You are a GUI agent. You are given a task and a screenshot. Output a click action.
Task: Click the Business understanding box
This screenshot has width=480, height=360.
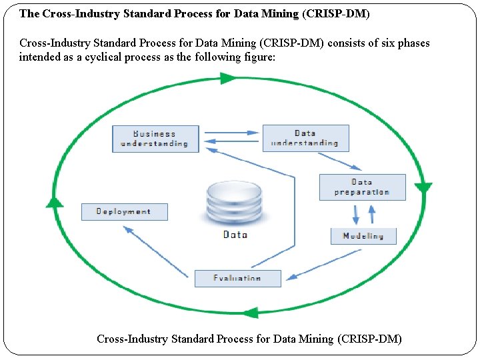(155, 139)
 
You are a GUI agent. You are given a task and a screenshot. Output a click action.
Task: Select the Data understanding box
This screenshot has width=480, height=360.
(305, 138)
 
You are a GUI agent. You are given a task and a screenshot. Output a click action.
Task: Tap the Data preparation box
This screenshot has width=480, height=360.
(362, 187)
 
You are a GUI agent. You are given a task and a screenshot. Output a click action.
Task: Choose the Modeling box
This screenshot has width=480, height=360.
(363, 236)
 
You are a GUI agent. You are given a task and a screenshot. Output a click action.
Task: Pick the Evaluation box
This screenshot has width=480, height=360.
(237, 278)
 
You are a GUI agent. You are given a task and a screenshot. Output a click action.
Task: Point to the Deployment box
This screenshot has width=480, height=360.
(124, 211)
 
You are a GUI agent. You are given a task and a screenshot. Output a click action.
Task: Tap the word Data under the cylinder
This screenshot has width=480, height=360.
(235, 235)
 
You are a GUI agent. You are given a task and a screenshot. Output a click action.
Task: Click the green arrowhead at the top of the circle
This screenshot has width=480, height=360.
(228, 78)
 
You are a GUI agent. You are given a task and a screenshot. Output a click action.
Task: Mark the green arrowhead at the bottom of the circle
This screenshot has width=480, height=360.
(249, 311)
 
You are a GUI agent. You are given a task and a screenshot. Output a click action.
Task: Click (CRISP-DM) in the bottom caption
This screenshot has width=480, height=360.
(370, 339)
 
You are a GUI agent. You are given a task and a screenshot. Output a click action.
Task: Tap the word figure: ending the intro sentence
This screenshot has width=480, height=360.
(258, 57)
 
